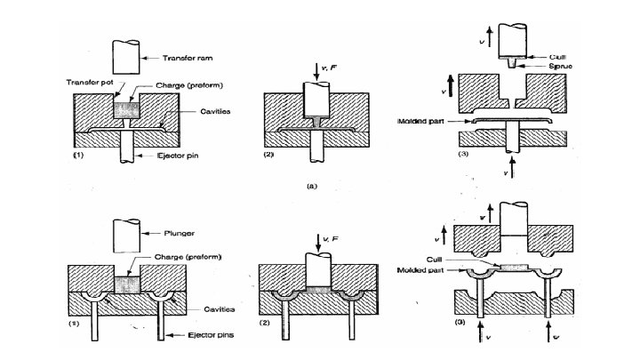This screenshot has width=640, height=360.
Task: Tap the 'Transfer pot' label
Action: click(x=87, y=83)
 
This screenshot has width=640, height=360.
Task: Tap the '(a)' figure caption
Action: click(x=309, y=187)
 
